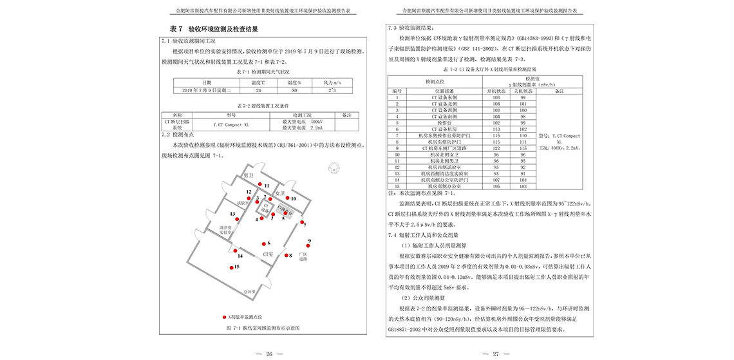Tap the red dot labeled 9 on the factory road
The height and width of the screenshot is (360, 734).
coord(308,247)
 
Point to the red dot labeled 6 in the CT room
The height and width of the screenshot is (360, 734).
coord(263,243)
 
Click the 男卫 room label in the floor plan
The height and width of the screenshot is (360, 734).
coord(249,175)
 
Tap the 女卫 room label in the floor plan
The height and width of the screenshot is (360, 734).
coord(279,193)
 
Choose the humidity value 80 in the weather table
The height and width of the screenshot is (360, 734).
coord(294,91)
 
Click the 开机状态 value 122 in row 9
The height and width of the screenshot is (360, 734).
coord(496,148)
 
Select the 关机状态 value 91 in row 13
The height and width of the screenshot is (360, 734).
coord(532,174)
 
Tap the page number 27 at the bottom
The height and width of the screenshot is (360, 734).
coord(496,354)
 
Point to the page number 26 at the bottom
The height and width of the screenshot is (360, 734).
coord(270,354)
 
